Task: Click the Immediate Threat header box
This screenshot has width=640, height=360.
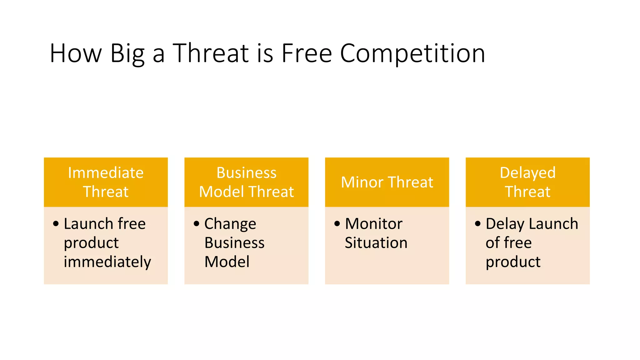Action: point(106,182)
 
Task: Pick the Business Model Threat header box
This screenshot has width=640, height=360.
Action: point(246,182)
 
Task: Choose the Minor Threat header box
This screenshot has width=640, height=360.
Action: point(387,182)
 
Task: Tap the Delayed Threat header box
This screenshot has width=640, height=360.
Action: point(527,182)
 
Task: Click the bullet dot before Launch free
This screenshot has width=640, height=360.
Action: point(56,224)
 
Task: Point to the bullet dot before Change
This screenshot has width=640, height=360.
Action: point(197,224)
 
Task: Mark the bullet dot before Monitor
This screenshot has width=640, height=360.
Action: point(337,224)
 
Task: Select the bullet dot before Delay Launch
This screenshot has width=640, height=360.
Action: point(478,224)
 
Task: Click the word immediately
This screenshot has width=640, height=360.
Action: point(107,262)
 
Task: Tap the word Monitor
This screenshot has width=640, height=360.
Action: point(373,224)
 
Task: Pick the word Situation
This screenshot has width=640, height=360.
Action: point(376,243)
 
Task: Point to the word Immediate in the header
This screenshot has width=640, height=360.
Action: point(106,173)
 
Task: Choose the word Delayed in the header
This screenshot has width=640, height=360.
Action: point(527,173)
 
